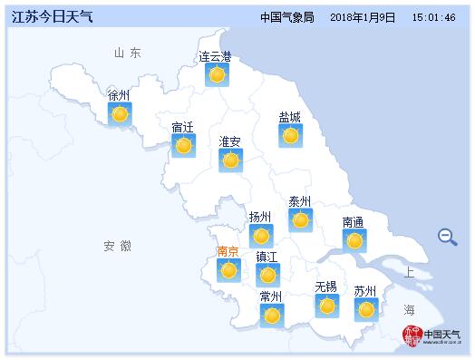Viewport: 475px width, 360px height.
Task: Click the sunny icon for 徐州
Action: [120, 114]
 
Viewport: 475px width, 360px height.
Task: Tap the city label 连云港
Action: [215, 57]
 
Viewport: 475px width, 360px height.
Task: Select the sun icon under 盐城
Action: [290, 136]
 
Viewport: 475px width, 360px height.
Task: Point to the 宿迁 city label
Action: [183, 127]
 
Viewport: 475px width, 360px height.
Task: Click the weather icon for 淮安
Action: [231, 161]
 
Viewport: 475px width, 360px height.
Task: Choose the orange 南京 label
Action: [228, 251]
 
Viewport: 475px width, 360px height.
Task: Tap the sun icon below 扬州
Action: [261, 236]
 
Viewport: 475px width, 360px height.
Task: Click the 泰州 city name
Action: [300, 201]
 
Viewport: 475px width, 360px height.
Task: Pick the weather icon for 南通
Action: [354, 240]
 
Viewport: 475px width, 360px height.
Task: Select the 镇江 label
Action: [267, 256]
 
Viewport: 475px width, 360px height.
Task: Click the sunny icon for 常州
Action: [271, 315]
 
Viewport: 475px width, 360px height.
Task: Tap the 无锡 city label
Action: [325, 287]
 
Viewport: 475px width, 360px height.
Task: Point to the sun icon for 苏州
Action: [366, 309]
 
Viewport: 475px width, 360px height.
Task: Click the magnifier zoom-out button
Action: [447, 237]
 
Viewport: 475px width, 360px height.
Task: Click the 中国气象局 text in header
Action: [286, 17]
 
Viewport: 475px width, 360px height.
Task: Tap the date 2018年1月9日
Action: [363, 17]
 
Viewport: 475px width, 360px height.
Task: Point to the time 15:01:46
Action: [433, 17]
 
